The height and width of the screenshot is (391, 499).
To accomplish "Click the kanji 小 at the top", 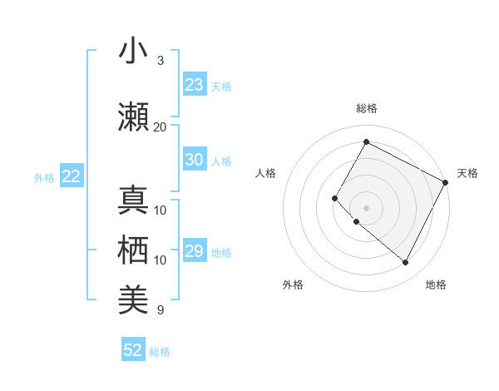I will click(x=133, y=52).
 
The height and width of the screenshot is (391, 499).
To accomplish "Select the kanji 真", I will click(x=133, y=201).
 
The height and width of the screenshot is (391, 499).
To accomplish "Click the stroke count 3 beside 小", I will click(x=161, y=61).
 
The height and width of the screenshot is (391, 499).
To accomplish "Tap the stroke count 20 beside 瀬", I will click(x=161, y=127).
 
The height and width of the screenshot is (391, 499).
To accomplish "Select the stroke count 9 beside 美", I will click(x=161, y=310).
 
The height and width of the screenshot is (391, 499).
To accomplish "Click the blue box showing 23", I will click(x=195, y=85).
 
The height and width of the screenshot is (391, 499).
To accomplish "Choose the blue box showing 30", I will click(x=195, y=160).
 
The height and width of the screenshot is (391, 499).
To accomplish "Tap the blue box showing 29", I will click(x=195, y=251).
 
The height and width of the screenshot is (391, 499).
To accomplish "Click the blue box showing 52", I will click(x=133, y=350).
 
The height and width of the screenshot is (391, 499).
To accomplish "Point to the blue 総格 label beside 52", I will click(x=160, y=352).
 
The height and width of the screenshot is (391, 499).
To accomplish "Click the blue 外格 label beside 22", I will click(x=44, y=177).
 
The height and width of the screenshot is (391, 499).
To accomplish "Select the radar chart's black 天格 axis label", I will click(x=467, y=173).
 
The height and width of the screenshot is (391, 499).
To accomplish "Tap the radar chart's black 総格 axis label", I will click(x=366, y=108).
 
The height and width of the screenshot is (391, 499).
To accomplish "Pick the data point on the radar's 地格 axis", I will click(x=405, y=263).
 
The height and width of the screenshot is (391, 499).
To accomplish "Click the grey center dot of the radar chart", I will click(x=366, y=207).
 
